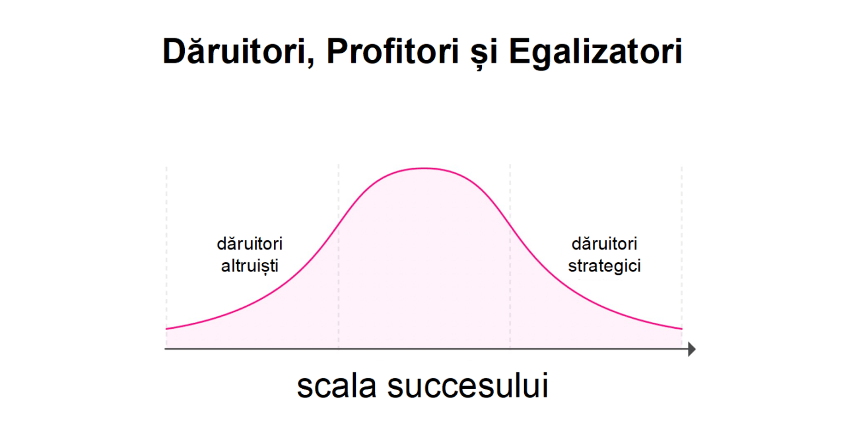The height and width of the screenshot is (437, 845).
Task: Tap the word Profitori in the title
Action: tap(392, 51)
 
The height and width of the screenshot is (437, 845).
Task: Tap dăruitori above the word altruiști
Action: tap(250, 244)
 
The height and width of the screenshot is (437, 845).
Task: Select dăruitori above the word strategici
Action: tap(604, 244)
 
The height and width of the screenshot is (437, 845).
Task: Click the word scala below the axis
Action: tap(337, 386)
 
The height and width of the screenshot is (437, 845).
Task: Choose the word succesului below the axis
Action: tap(468, 386)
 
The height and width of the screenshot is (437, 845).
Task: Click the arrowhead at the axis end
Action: tap(691, 349)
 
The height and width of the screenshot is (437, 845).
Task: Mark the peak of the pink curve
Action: tap(424, 168)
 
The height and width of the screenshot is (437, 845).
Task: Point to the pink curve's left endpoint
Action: tap(166, 329)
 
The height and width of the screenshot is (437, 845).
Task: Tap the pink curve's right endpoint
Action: tap(682, 329)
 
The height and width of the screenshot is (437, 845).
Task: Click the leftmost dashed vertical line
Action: tap(166, 257)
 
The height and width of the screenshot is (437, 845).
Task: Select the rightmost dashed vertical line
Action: tap(682, 257)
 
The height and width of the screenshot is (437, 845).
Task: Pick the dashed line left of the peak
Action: tap(339, 257)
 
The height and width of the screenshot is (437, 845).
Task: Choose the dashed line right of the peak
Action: tap(510, 257)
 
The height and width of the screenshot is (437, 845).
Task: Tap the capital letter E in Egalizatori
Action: tap(520, 51)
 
